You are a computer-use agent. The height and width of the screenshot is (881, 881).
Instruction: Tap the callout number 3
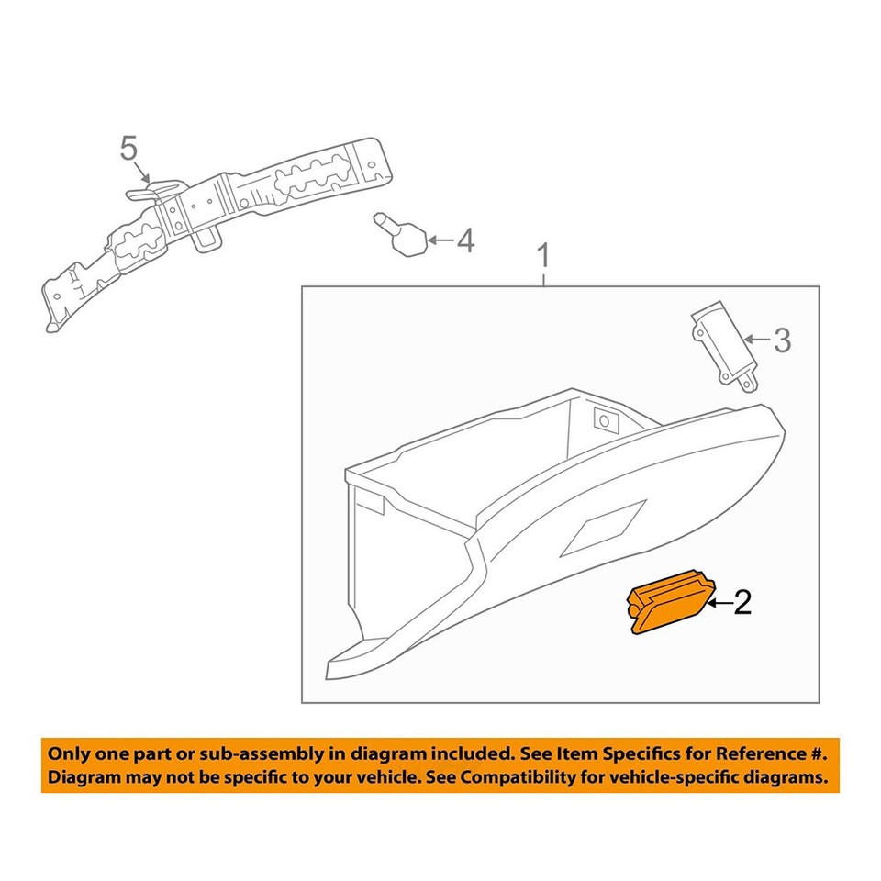(x=780, y=340)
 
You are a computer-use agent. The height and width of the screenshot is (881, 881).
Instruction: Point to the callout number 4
(x=465, y=241)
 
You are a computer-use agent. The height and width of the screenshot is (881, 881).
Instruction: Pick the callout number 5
(x=128, y=147)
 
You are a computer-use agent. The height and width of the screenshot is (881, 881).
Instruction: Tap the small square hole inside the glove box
(x=605, y=420)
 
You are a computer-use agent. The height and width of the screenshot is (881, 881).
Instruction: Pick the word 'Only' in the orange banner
(x=69, y=754)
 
